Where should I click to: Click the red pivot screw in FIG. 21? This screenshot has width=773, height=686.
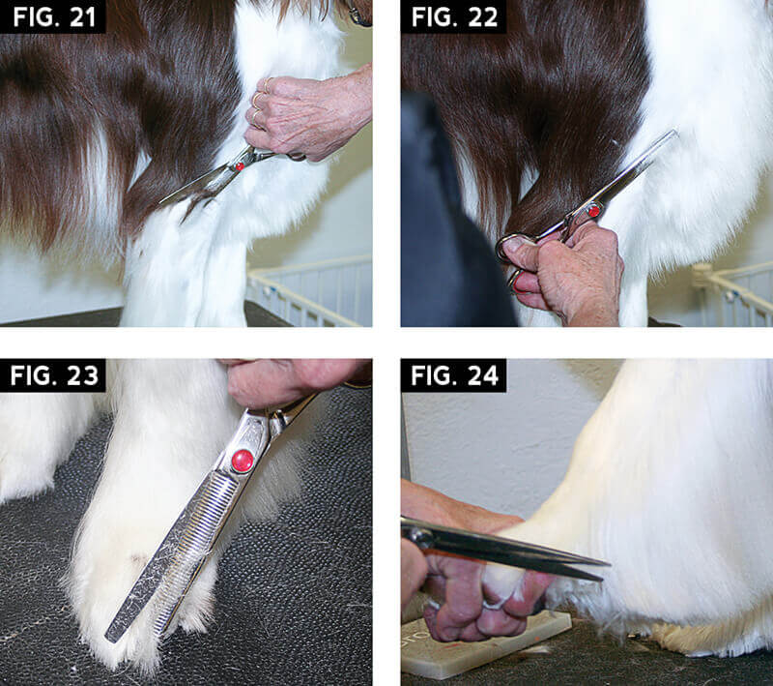[238, 166]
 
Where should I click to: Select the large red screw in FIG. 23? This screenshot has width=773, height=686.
[242, 461]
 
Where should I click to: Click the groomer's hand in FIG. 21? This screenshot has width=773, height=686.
[309, 116]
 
